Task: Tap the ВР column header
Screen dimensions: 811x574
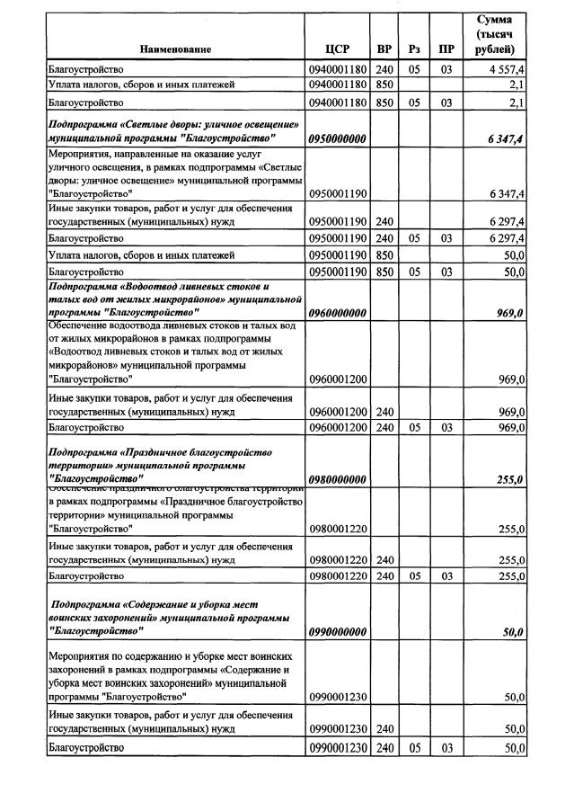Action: (x=384, y=49)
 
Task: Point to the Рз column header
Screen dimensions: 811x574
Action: (x=413, y=49)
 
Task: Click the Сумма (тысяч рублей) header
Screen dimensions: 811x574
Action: (x=495, y=34)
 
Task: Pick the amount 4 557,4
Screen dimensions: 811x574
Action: (x=504, y=68)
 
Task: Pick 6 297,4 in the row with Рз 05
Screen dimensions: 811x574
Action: (x=504, y=238)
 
